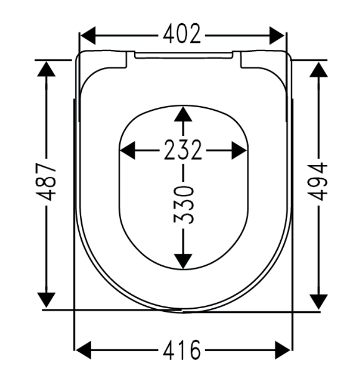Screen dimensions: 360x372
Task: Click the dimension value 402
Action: pyautogui.click(x=182, y=34)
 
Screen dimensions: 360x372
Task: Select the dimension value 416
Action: pyautogui.click(x=182, y=350)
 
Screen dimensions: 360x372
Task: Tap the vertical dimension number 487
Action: pyautogui.click(x=46, y=181)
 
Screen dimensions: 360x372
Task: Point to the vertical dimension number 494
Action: pyautogui.click(x=318, y=181)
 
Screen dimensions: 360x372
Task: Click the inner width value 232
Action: pyautogui.click(x=183, y=150)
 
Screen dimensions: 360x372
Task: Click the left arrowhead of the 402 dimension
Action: pyautogui.click(x=88, y=36)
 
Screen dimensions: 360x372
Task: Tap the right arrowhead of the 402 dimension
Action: pyautogui.click(x=277, y=36)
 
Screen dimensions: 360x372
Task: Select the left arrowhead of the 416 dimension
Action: pyautogui.click(x=84, y=350)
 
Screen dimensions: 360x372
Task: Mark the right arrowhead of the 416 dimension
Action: pyautogui.click(x=282, y=350)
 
